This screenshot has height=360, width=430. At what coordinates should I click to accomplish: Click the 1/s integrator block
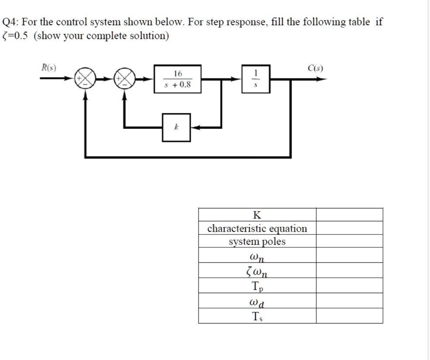[256, 79]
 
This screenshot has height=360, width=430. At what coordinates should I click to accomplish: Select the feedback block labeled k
[176, 127]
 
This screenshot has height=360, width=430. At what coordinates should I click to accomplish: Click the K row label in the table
[257, 215]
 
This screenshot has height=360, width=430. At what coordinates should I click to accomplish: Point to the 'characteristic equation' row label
[257, 228]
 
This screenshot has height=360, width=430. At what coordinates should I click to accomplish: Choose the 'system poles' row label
[257, 242]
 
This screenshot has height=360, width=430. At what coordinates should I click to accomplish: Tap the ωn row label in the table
[257, 256]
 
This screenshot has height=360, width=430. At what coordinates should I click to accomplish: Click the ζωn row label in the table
[257, 271]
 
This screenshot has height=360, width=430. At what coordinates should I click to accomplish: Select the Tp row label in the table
[257, 286]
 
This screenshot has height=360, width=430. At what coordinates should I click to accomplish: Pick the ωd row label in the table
[257, 301]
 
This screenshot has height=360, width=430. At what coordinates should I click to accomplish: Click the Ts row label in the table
[257, 316]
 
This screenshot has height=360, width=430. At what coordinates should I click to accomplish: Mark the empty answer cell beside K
[349, 215]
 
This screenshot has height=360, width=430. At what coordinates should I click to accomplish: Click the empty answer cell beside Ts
[349, 316]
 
